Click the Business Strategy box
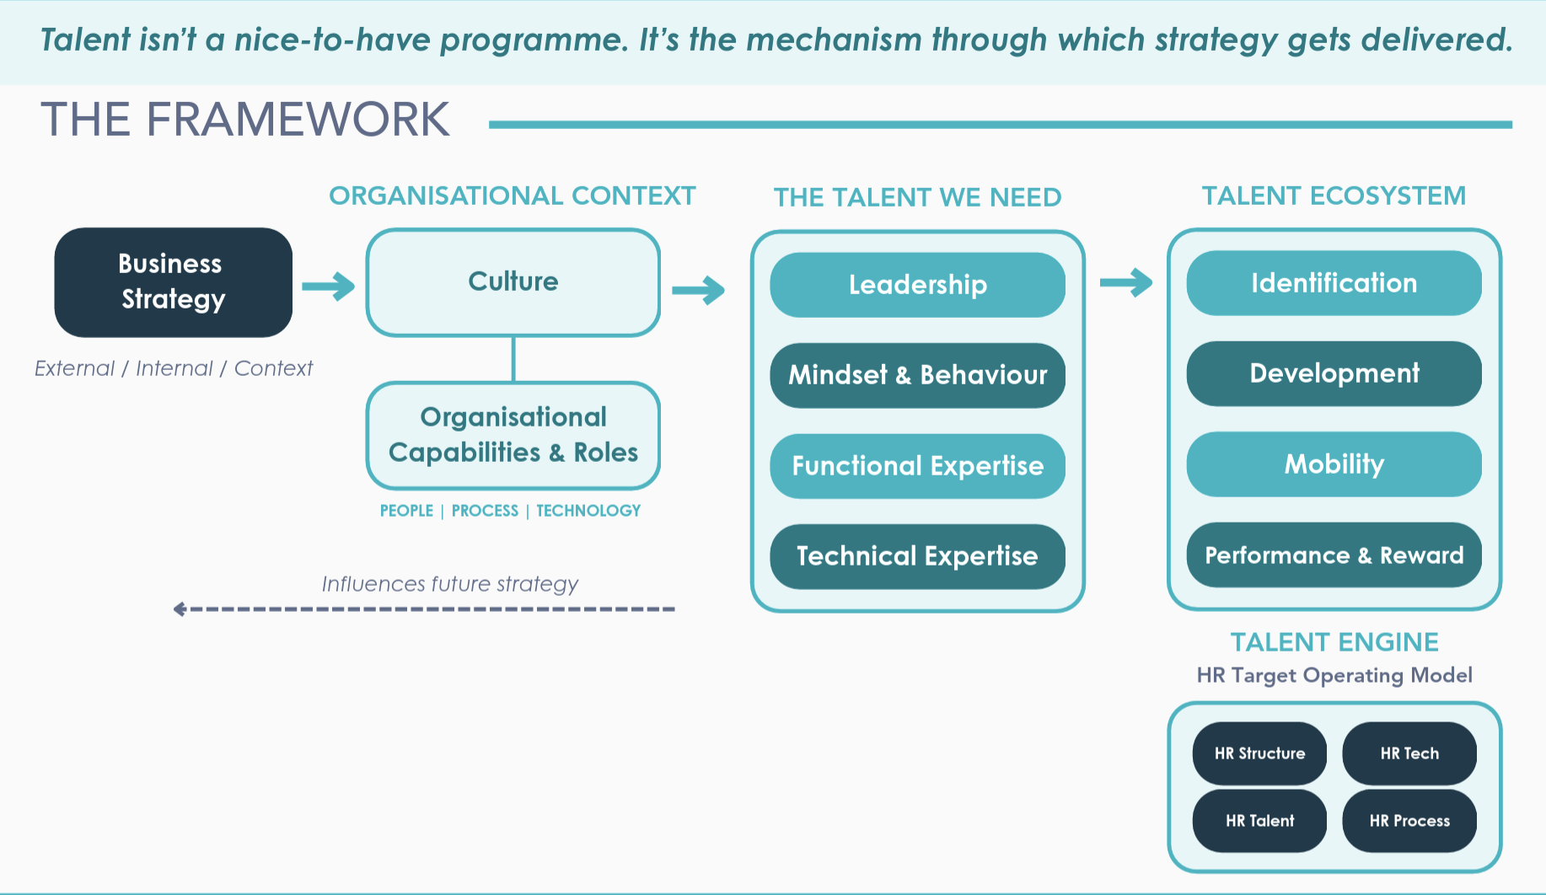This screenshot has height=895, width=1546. [x=173, y=281]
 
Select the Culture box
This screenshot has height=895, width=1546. [x=513, y=281]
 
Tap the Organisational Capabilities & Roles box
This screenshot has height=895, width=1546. [x=513, y=435]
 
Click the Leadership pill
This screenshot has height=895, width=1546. [x=917, y=285]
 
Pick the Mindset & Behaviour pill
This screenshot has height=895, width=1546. [x=917, y=375]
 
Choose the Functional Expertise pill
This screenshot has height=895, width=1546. [x=917, y=466]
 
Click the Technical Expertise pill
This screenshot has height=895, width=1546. [x=917, y=556]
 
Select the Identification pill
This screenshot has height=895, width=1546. [x=1334, y=283]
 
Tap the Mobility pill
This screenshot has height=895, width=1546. [x=1334, y=464]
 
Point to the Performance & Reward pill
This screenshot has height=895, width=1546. [x=1334, y=555]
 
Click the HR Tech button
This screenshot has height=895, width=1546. [x=1409, y=753]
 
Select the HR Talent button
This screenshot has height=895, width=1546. [x=1259, y=821]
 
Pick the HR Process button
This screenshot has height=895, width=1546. [x=1409, y=821]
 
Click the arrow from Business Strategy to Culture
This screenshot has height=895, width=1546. [x=329, y=287]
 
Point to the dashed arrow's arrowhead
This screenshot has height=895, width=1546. [x=180, y=608]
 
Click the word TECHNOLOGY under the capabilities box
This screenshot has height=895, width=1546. [x=588, y=511]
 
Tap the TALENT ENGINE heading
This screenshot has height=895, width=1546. [x=1334, y=642]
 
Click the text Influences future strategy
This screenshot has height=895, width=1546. [x=449, y=584]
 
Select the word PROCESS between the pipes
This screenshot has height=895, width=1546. [x=485, y=511]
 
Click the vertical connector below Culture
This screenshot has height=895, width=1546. [x=513, y=359]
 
